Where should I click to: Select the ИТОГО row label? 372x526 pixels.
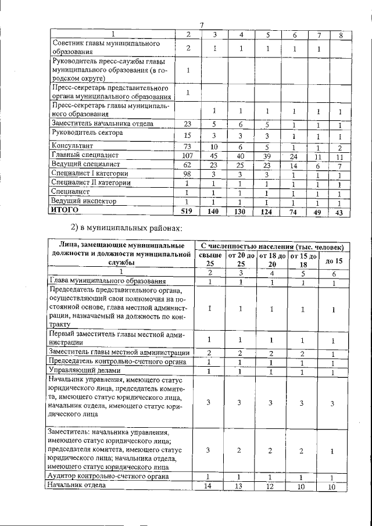point(65,210)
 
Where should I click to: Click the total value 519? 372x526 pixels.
point(187,212)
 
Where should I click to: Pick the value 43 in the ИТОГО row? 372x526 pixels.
point(339,212)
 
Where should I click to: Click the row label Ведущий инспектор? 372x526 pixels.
point(80,201)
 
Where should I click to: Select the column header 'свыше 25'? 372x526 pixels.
point(210,260)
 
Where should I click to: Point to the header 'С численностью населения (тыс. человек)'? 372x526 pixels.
point(272,247)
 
